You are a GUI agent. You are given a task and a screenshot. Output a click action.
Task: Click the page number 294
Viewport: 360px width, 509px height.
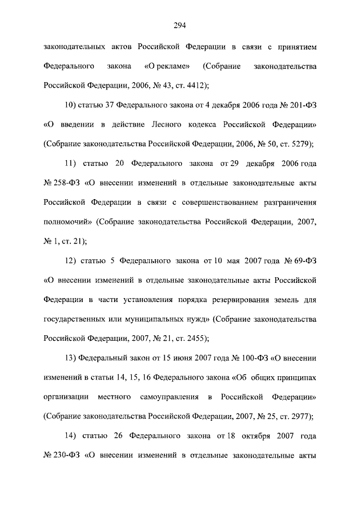180,25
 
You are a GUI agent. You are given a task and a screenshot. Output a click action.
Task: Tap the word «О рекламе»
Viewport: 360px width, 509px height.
166,67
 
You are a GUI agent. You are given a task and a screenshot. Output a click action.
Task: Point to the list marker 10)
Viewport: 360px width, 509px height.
72,105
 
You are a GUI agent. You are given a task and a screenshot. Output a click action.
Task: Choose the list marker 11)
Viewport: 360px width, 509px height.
72,164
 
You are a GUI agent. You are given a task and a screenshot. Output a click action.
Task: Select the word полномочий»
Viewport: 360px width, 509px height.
67,222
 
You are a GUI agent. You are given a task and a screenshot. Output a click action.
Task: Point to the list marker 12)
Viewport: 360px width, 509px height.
72,260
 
